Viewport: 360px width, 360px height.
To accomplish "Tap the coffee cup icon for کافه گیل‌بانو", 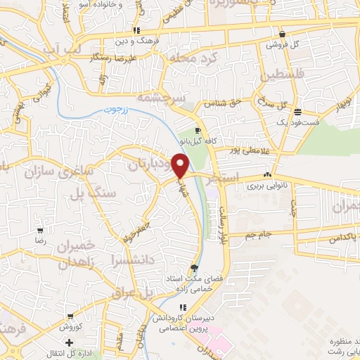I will (x=198, y=131).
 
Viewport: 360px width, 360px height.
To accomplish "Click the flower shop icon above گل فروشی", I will (x=282, y=34).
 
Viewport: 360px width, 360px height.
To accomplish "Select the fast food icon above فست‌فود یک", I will (x=297, y=112).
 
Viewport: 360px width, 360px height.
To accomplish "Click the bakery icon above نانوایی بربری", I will (x=266, y=176).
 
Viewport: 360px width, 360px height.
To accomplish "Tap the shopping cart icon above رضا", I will (x=41, y=230).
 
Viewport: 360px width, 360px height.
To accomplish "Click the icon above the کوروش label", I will (x=69, y=318).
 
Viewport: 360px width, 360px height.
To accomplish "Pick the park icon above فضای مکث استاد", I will (x=194, y=267).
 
